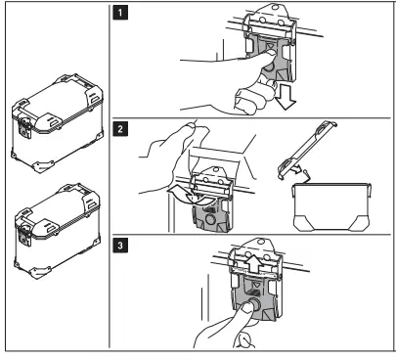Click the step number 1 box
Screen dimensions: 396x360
[x=120, y=14]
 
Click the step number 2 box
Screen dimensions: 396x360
[x=120, y=129]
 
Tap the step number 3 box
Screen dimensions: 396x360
[x=120, y=245]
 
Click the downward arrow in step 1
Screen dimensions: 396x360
[x=285, y=97]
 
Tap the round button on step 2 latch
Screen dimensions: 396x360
[x=211, y=219]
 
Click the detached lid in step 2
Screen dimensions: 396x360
[x=306, y=150]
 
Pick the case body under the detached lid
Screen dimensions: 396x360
[x=332, y=207]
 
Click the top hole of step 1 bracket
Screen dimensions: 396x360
[x=275, y=7]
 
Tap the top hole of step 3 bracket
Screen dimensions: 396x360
[x=260, y=242]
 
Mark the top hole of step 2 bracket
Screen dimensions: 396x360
[x=214, y=170]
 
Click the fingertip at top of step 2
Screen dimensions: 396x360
[x=190, y=125]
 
